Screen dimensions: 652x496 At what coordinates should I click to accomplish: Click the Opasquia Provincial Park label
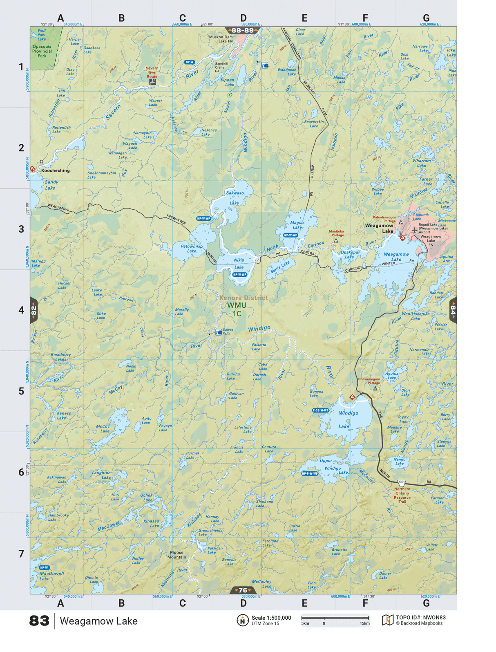coord(42,51)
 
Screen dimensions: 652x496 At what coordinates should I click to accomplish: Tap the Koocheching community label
coord(55,170)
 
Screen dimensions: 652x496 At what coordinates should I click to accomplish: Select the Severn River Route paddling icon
coord(152,82)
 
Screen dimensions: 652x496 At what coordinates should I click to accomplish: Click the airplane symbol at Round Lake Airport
coord(415,231)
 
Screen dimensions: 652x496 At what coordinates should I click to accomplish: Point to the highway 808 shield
coord(402,483)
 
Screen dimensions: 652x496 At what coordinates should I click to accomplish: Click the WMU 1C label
coord(237,309)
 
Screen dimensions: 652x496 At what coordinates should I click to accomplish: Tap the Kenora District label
coord(244,298)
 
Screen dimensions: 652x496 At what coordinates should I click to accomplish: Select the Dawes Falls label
coord(228,332)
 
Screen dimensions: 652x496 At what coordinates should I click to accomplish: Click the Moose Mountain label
coord(177,555)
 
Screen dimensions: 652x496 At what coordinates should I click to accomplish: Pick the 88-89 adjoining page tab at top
coord(243,30)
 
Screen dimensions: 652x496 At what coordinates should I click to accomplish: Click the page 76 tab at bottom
coord(243,590)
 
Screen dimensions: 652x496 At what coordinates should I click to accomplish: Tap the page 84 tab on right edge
coord(453,310)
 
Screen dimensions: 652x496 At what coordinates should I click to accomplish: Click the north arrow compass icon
coord(243,620)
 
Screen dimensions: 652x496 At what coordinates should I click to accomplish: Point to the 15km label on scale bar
coord(364,624)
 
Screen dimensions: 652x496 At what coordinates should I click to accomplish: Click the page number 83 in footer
coord(39,621)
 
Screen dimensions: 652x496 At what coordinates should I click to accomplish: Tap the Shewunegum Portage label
coord(369,381)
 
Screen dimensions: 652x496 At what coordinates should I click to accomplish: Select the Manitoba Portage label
coord(337,233)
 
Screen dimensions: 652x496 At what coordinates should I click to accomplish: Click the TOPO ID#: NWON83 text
coord(420,618)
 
